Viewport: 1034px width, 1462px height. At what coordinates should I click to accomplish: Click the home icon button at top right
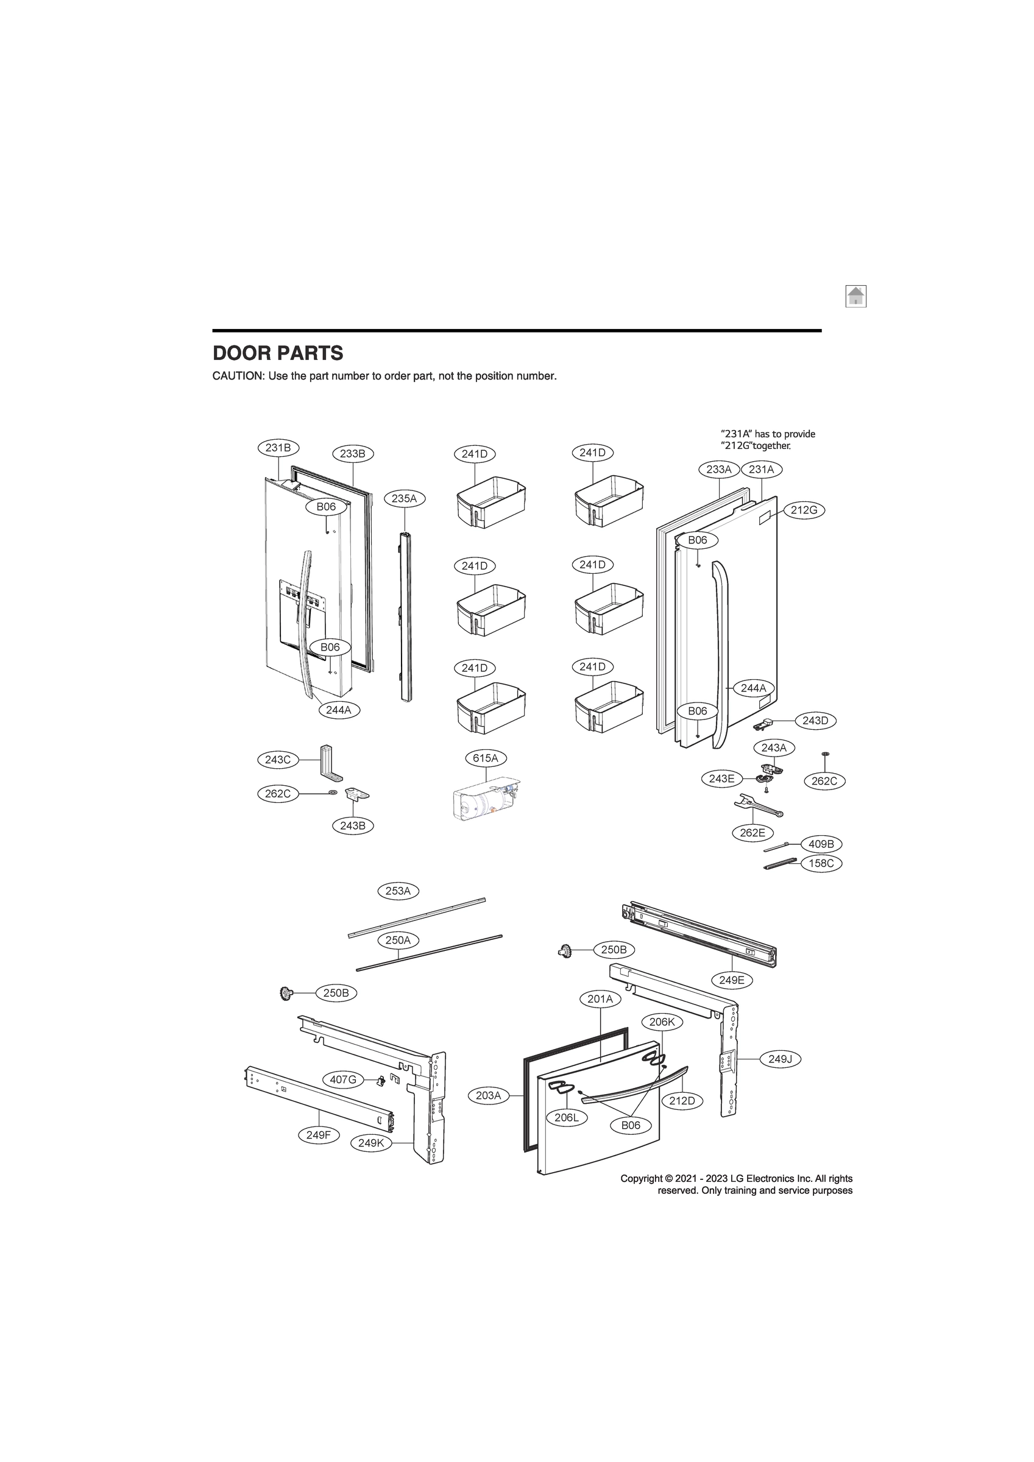[x=855, y=296]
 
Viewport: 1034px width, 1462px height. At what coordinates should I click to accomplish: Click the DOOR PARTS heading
[x=278, y=353]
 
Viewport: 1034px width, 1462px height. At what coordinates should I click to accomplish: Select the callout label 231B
[x=278, y=448]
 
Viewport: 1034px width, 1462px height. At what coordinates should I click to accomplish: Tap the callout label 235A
[x=404, y=498]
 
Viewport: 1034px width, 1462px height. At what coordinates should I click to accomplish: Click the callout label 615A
[x=486, y=758]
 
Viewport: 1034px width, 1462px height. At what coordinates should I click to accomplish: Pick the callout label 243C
[x=278, y=760]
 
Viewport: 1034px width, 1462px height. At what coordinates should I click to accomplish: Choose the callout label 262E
[x=752, y=832]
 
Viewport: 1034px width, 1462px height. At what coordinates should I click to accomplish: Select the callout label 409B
[x=821, y=844]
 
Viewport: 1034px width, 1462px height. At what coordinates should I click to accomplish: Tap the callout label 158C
[x=821, y=863]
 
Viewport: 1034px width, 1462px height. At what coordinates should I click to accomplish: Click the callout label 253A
[x=398, y=891]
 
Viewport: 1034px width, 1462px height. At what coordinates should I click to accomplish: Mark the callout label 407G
[x=343, y=1079]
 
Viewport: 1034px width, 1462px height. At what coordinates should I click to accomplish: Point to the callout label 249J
[x=780, y=1059]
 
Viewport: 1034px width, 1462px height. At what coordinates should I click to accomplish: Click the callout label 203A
[x=489, y=1095]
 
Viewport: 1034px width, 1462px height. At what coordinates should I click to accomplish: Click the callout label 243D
[x=815, y=721]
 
